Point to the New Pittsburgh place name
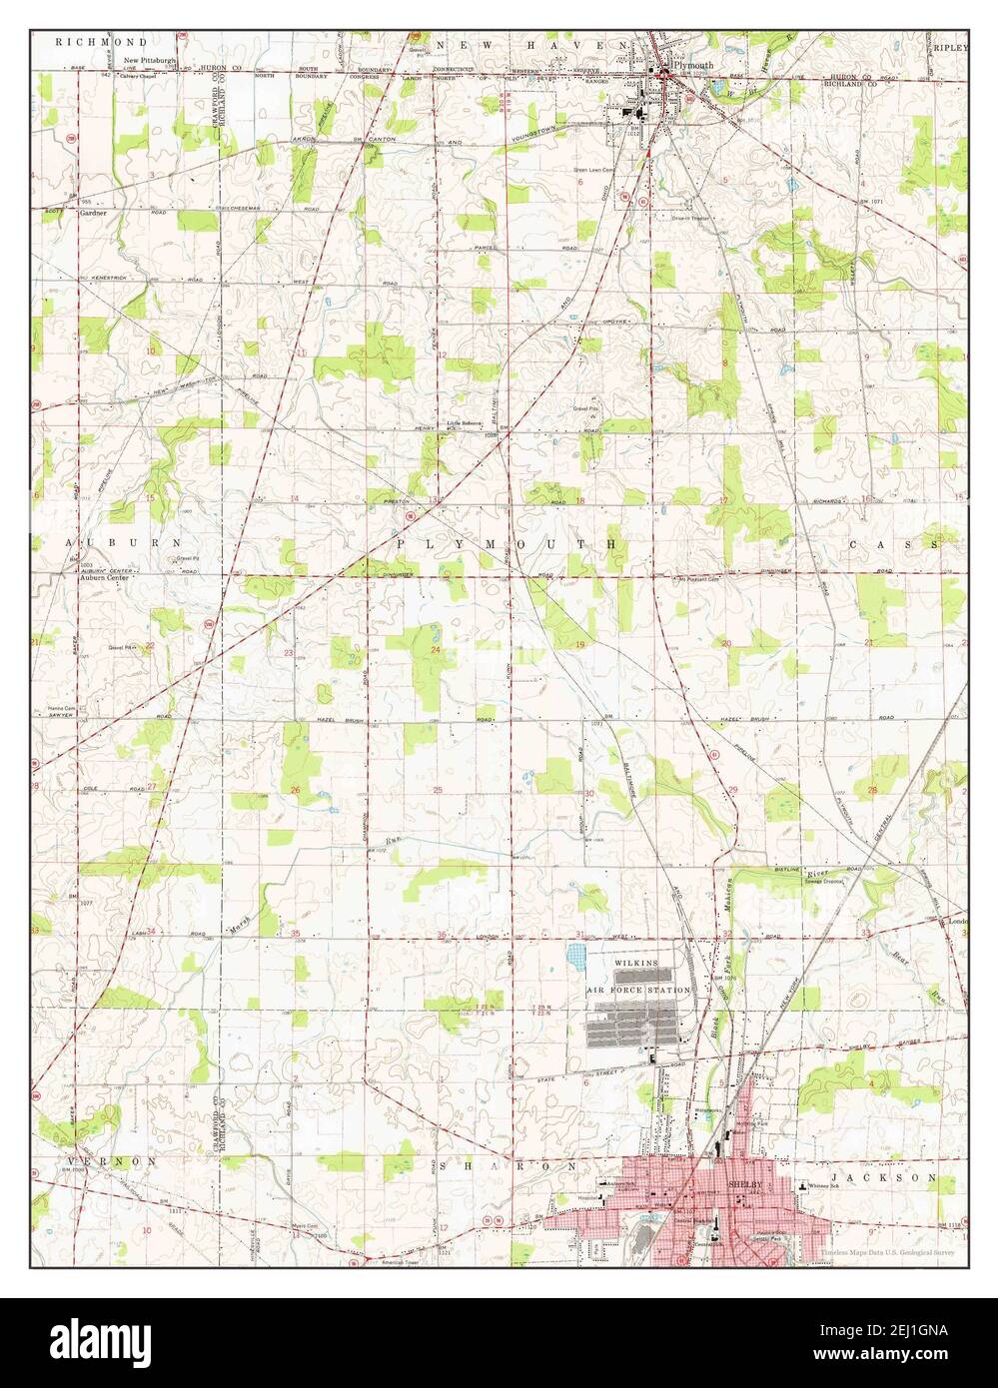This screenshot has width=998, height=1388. [150, 61]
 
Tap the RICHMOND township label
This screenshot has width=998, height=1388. [102, 43]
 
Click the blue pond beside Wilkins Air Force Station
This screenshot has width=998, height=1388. [579, 959]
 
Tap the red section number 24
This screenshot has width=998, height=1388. [436, 651]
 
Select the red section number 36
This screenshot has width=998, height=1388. [443, 934]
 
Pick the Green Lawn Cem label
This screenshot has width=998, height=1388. [593, 170]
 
